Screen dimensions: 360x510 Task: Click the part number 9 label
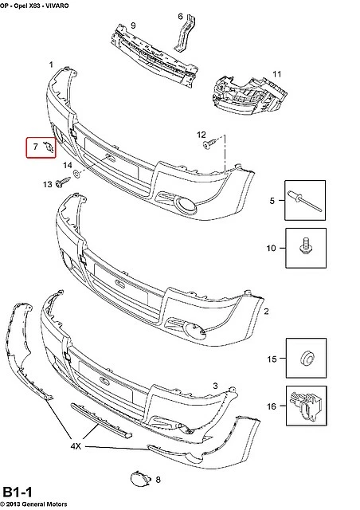point(133,25)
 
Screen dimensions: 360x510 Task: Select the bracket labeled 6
point(186,34)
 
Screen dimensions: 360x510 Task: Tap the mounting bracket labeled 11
point(249,96)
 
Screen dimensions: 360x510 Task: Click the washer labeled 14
point(77,175)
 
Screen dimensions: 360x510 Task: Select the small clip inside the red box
point(49,147)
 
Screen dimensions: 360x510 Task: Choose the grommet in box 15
point(306,358)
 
